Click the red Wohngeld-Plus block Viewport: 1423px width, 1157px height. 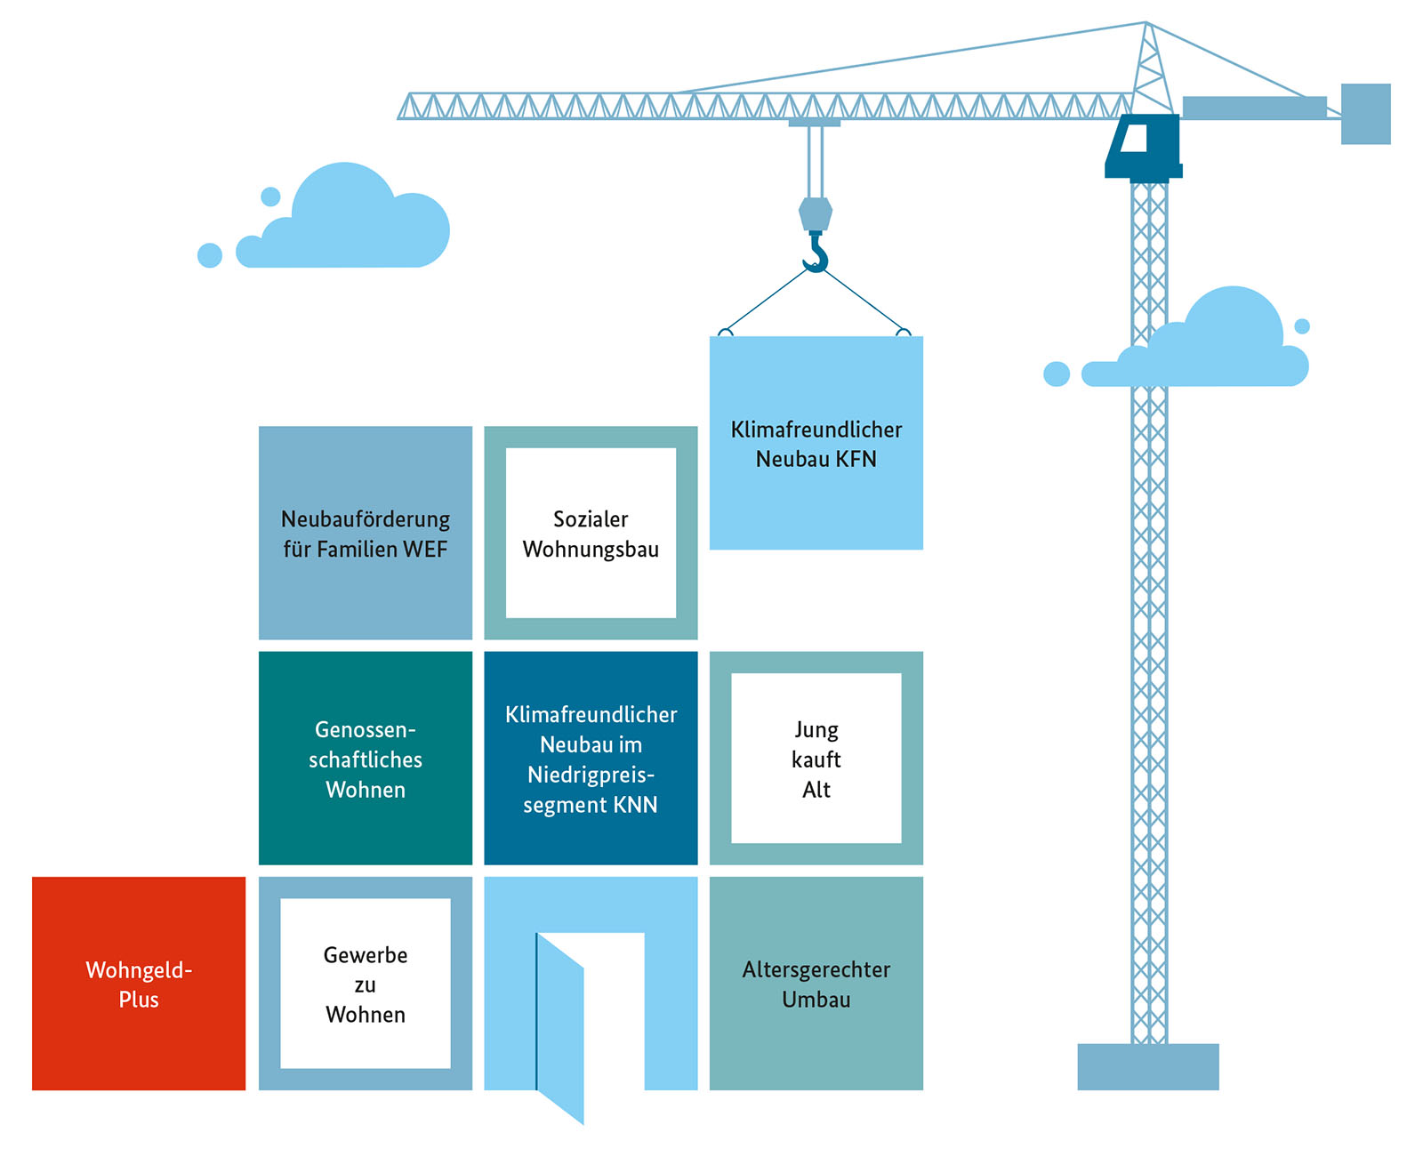click(139, 983)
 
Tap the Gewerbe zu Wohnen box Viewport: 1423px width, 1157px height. click(366, 983)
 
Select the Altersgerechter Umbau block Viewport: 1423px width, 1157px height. click(816, 983)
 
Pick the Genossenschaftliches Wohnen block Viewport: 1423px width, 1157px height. click(366, 758)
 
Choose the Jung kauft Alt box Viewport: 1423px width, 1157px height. click(816, 758)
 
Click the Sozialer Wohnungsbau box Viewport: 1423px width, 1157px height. click(591, 533)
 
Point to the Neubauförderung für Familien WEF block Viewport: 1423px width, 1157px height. click(366, 533)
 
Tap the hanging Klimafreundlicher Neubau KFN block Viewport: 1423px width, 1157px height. click(816, 443)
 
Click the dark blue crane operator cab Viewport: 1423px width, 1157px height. click(1144, 146)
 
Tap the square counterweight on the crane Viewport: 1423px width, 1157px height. click(1365, 114)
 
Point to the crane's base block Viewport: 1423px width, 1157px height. click(1147, 1066)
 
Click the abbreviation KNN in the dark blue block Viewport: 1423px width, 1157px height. click(636, 805)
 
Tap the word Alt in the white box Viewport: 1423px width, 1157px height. click(816, 790)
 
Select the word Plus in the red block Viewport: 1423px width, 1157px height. click(139, 1000)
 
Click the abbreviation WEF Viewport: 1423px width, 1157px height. click(425, 549)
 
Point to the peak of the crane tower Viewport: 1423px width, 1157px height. click(1146, 24)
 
